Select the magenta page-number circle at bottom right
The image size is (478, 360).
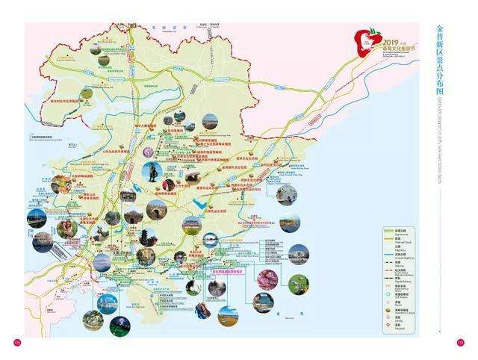pyautogui.click(x=460, y=343)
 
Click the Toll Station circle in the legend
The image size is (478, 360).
pyautogui.click(x=389, y=294)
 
